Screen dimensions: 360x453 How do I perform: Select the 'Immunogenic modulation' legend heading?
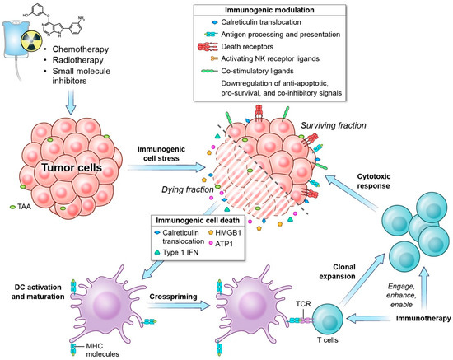(281, 10)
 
